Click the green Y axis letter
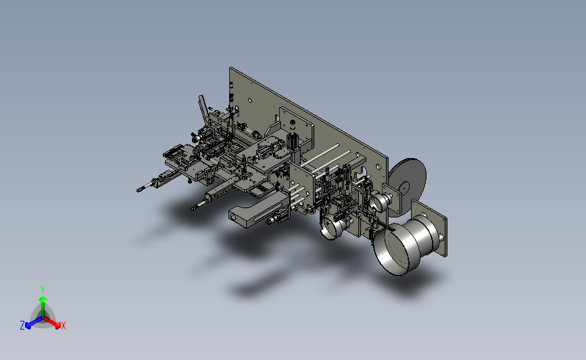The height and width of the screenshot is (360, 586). point(43,290)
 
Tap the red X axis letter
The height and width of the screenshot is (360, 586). point(64,326)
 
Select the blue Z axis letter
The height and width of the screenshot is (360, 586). point(22,326)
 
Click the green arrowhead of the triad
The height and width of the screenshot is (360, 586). point(43,299)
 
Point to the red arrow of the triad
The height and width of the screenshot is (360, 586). point(52,322)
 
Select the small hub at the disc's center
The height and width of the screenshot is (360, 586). point(404,188)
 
